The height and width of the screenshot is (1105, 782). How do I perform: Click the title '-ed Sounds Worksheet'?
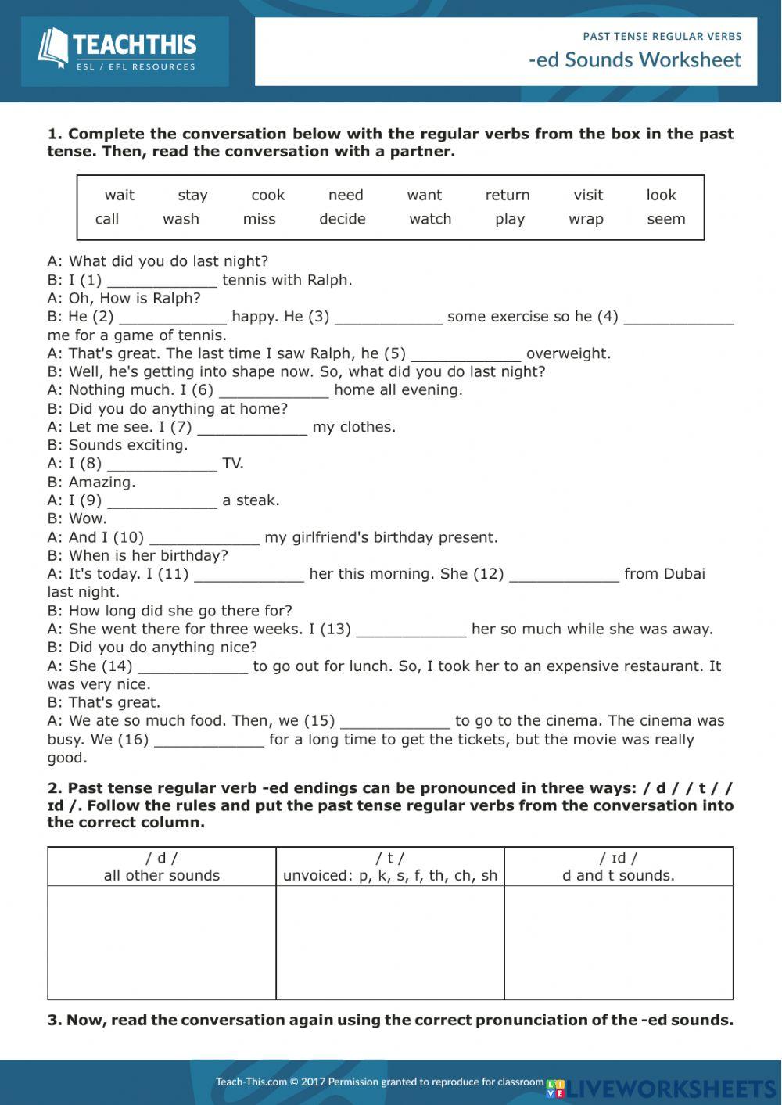tap(634, 60)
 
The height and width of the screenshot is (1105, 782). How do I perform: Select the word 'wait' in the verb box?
tap(120, 195)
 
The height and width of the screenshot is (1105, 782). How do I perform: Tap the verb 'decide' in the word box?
tap(342, 219)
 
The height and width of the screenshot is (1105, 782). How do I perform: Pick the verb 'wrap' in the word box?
tap(586, 219)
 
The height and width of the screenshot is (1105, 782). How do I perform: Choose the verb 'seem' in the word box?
tap(665, 219)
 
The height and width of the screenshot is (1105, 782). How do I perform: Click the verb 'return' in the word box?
tap(508, 195)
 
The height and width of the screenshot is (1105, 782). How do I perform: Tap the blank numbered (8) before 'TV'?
tap(162, 465)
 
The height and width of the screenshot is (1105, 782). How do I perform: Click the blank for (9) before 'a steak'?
tap(162, 501)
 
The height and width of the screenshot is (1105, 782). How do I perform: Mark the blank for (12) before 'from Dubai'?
tap(564, 575)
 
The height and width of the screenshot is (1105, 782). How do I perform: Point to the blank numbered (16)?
tap(209, 741)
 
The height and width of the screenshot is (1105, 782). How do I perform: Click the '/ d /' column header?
tap(162, 866)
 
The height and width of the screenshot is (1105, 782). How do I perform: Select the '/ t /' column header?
tap(390, 866)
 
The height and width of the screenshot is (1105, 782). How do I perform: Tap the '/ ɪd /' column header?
tap(619, 866)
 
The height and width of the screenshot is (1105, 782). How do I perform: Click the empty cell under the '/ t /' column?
tap(390, 942)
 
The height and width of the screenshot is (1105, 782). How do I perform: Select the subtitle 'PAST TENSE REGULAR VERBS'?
tap(662, 36)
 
